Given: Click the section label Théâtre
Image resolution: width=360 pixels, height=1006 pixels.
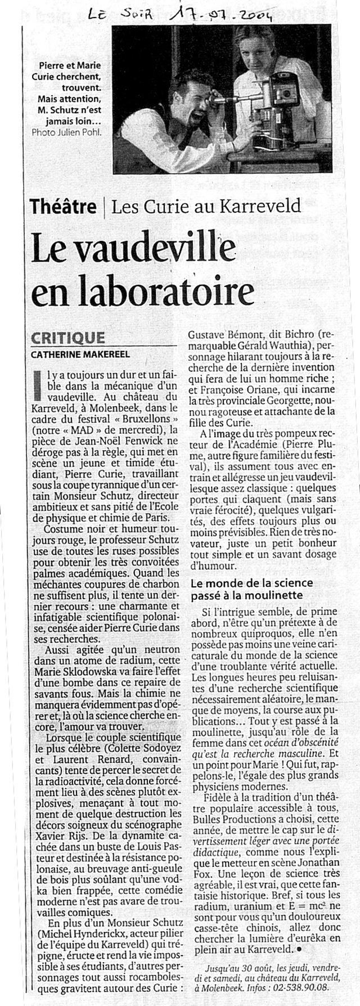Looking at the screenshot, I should pos(63,206).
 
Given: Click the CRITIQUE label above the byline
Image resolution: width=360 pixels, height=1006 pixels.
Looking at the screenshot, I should pos(67,338).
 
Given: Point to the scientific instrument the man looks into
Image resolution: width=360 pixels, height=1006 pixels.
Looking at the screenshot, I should pos(264,107).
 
